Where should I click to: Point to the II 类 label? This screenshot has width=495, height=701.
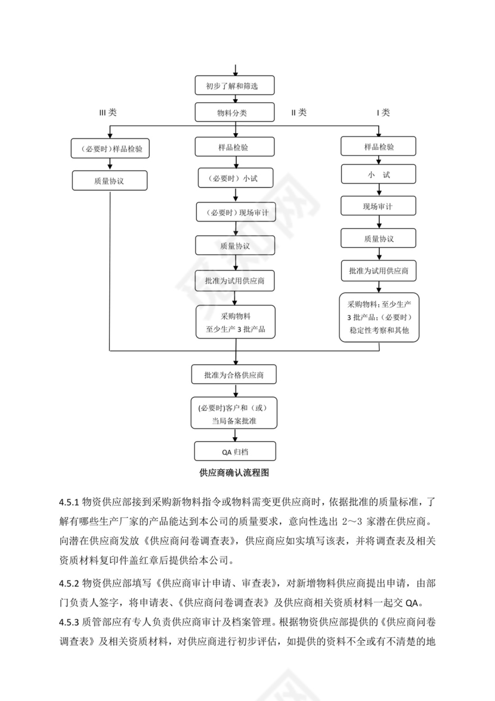[298, 112]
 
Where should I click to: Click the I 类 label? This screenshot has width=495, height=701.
[382, 112]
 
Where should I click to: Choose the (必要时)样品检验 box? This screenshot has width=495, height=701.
[110, 149]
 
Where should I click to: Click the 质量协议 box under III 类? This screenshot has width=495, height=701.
[110, 180]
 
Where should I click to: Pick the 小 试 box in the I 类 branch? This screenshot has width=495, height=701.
[379, 174]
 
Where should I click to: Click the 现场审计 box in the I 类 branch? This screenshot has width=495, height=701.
[379, 206]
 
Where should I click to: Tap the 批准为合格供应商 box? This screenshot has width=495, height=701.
[235, 375]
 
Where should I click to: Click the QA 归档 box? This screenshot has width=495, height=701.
[235, 451]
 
